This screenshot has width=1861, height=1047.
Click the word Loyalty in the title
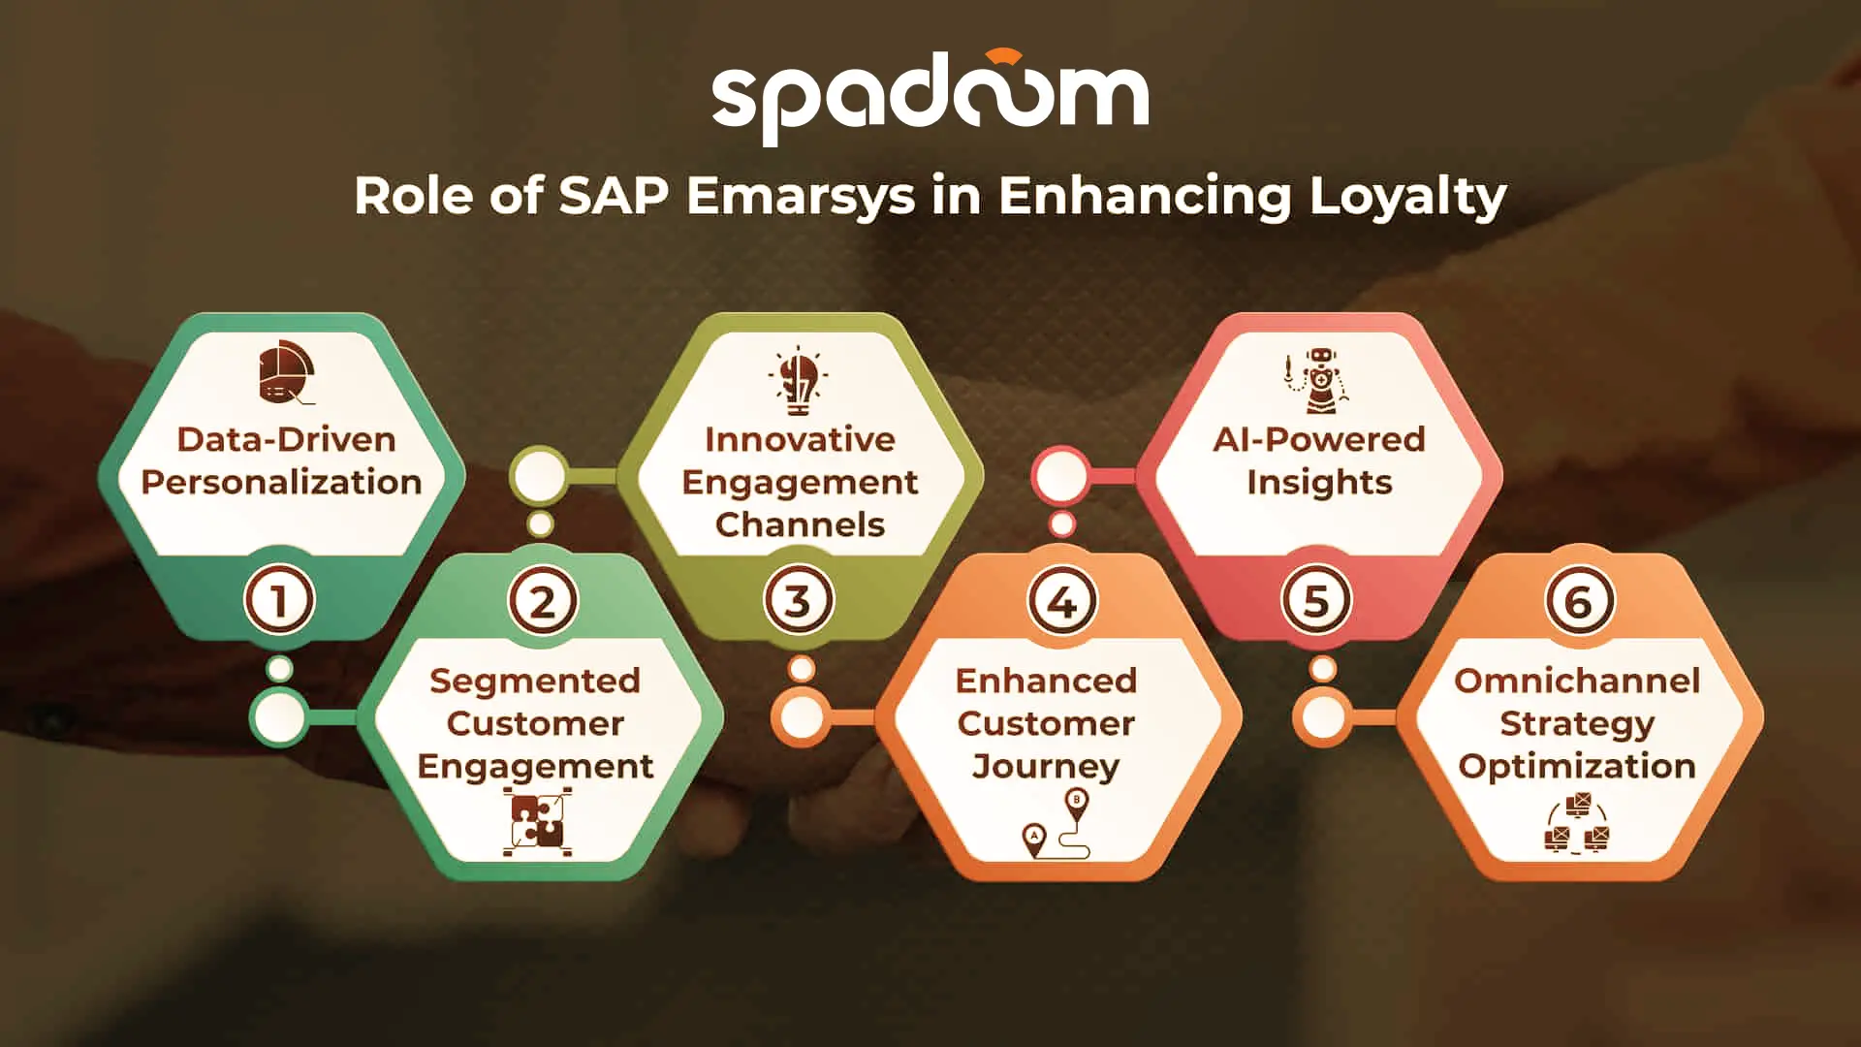(1407, 198)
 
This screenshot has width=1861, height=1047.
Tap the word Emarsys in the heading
(801, 198)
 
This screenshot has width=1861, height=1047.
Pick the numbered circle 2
(542, 601)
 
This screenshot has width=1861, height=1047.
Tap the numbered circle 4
(1062, 601)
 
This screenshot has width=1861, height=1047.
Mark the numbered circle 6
(1579, 601)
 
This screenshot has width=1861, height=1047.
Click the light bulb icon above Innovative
(799, 380)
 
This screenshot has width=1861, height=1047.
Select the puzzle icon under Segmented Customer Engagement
(537, 822)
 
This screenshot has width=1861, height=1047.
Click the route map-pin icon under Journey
(1057, 824)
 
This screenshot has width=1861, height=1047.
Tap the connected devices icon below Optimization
(1577, 824)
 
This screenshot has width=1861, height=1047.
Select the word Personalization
(282, 482)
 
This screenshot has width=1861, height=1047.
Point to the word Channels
(800, 524)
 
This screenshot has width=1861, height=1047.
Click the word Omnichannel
(1577, 681)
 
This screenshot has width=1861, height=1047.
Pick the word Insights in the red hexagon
(1319, 482)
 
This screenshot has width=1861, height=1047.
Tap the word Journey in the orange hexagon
(1046, 766)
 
